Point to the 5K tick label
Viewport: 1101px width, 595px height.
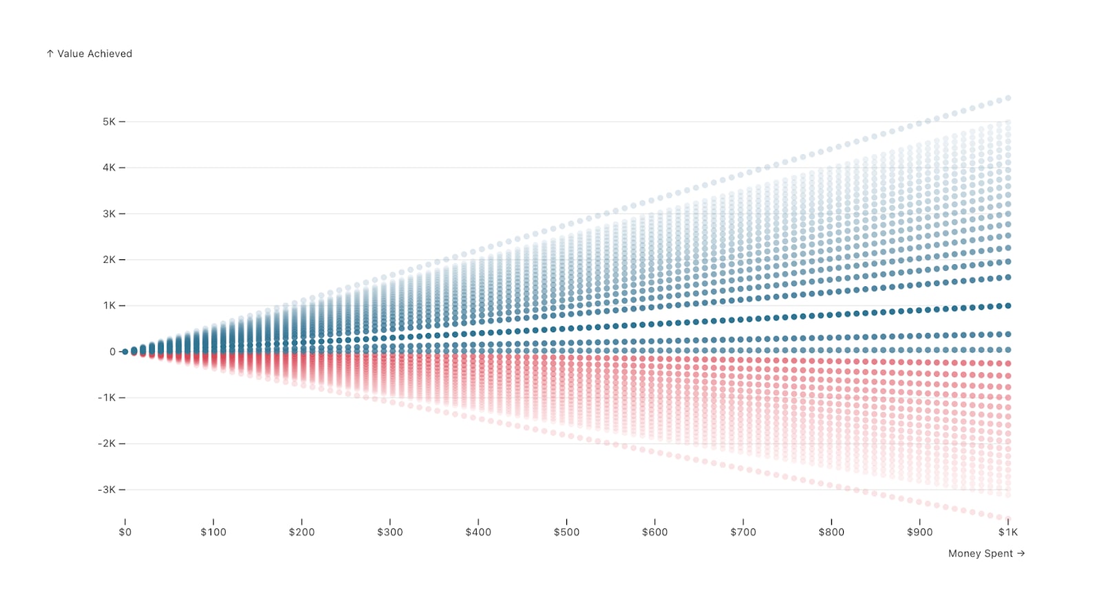pyautogui.click(x=109, y=121)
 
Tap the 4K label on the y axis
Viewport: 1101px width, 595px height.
pyautogui.click(x=109, y=168)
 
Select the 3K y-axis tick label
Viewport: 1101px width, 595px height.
pyautogui.click(x=109, y=214)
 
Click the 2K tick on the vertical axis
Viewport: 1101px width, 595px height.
pyautogui.click(x=109, y=259)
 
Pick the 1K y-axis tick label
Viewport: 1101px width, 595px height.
pyautogui.click(x=109, y=305)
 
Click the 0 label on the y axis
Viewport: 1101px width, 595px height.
pyautogui.click(x=113, y=351)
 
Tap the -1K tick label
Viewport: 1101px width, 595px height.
pyautogui.click(x=107, y=398)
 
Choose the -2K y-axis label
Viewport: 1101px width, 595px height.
pyautogui.click(x=107, y=444)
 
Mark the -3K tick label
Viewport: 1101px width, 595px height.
pyautogui.click(x=107, y=490)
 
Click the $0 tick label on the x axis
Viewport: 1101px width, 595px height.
pyautogui.click(x=125, y=532)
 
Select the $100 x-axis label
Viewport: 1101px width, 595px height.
pyautogui.click(x=213, y=532)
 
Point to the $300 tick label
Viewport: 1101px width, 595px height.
pyautogui.click(x=389, y=532)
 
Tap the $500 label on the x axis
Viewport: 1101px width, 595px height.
pyautogui.click(x=567, y=532)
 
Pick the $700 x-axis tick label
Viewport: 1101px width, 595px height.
pyautogui.click(x=743, y=532)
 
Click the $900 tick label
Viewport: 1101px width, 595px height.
pyautogui.click(x=919, y=532)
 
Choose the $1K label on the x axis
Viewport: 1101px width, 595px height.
pyautogui.click(x=1008, y=532)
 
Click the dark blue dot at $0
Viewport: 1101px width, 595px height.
pyautogui.click(x=125, y=351)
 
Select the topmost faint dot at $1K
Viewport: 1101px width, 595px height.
pyautogui.click(x=1008, y=98)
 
